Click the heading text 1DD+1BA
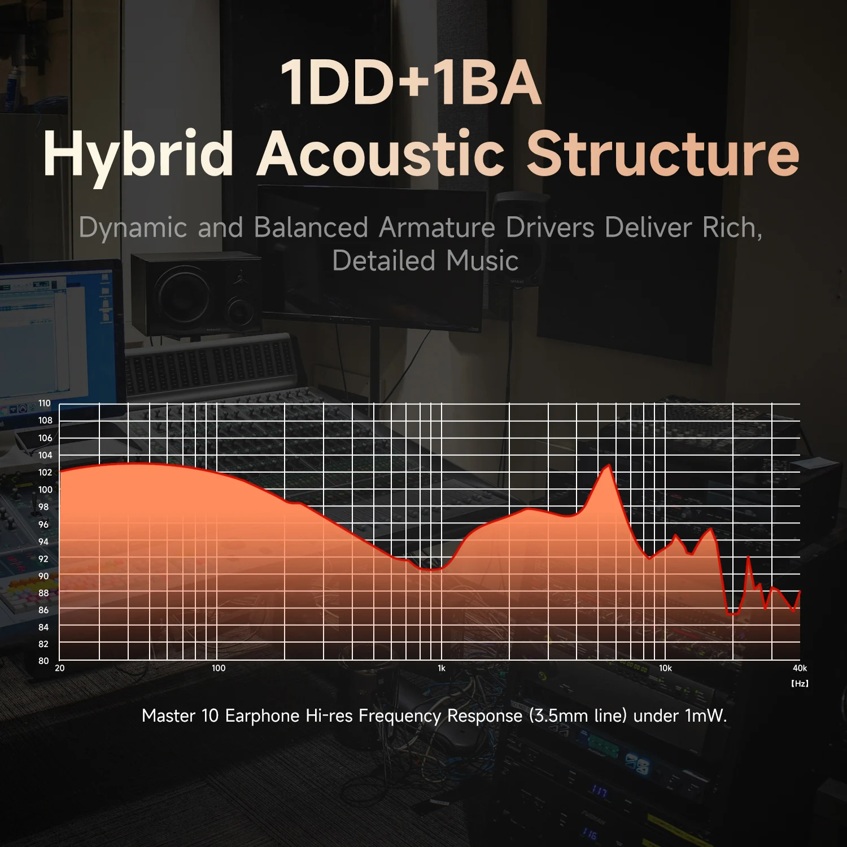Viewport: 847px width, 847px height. tap(411, 84)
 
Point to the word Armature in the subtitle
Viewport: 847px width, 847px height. tap(436, 228)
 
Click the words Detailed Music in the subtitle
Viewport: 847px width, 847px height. tap(425, 261)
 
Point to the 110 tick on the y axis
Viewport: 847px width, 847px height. tap(45, 403)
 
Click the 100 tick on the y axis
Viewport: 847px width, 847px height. tap(45, 490)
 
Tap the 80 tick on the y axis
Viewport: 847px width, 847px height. tap(43, 661)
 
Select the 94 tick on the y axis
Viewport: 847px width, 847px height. tap(43, 542)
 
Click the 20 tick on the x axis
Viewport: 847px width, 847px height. tap(60, 668)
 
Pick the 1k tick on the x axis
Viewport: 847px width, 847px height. tap(442, 668)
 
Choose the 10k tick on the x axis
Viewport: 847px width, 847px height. tap(665, 668)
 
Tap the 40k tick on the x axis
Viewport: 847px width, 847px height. tap(800, 668)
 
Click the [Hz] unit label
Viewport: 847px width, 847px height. tap(800, 683)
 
